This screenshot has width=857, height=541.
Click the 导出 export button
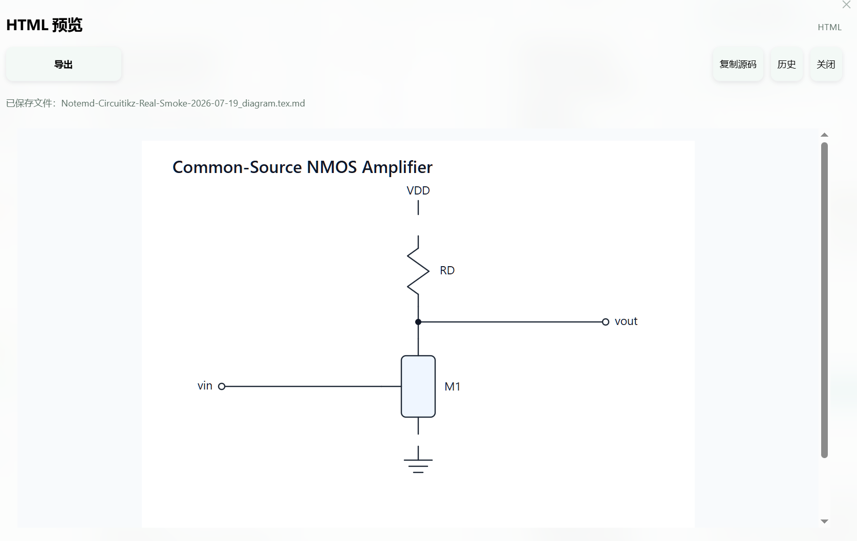63,64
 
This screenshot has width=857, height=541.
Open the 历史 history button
786,64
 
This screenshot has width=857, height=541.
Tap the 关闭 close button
826,64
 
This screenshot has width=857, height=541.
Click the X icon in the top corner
846,5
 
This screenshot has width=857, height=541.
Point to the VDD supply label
418,190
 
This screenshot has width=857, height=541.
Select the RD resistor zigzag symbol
418,271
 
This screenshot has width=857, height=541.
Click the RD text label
447,270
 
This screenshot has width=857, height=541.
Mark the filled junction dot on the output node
418,322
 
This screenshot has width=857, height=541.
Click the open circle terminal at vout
605,322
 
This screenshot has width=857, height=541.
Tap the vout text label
626,321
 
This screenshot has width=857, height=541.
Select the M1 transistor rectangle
418,386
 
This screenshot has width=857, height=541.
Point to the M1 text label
452,386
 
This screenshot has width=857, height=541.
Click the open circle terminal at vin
222,386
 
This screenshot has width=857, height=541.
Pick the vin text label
205,386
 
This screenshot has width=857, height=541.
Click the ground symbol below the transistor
418,460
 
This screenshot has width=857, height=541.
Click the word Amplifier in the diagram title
397,167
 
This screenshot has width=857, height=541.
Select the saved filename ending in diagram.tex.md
183,103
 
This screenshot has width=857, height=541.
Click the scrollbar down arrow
824,521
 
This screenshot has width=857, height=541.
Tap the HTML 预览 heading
45,25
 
